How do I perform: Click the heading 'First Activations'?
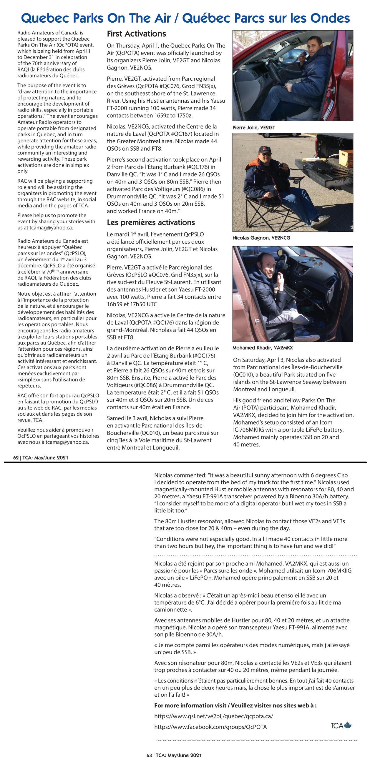tap(136, 34)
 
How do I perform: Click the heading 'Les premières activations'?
tap(151, 222)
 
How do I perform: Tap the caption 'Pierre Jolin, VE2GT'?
tap(253, 128)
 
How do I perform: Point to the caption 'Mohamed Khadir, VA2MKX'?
tap(262, 348)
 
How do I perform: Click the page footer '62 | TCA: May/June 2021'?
tap(41, 458)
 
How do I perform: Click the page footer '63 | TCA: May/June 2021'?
tap(174, 755)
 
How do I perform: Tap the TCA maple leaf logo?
tap(341, 726)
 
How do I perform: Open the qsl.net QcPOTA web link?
tap(213, 716)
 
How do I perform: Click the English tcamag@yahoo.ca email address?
tap(51, 228)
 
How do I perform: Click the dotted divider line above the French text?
tap(255, 555)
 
